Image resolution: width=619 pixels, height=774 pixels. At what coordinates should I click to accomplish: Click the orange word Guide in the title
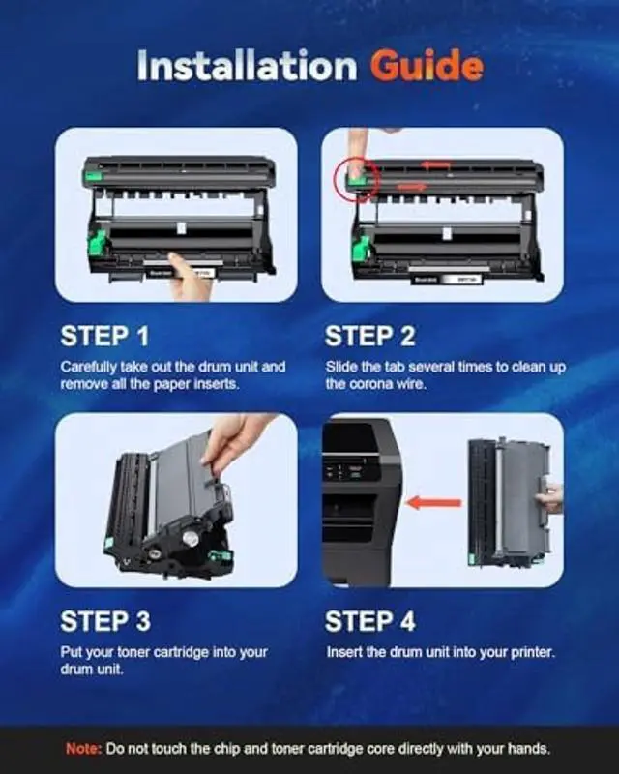[427, 65]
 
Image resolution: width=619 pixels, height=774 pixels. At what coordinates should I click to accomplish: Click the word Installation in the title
[247, 65]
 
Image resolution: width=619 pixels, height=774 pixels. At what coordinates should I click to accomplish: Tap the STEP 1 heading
[104, 336]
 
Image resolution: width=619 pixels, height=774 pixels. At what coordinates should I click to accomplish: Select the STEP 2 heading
[370, 336]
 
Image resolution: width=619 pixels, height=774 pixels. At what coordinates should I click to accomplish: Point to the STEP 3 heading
[105, 621]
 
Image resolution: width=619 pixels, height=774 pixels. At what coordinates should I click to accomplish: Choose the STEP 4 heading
[370, 621]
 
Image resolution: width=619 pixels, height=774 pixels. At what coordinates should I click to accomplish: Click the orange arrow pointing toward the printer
[433, 503]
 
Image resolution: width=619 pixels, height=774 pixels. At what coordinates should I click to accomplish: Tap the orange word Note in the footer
[83, 749]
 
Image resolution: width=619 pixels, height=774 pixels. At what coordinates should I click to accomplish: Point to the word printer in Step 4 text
[533, 652]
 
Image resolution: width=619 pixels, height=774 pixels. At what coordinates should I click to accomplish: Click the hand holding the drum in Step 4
[550, 497]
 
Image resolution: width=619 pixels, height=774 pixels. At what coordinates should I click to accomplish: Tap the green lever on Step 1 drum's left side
[98, 243]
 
